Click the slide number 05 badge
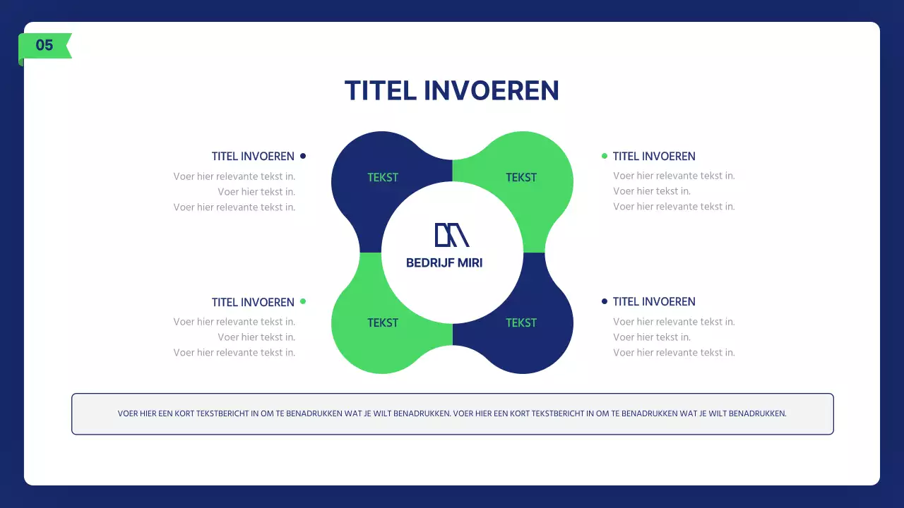[x=44, y=46]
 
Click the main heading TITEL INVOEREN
[x=452, y=91]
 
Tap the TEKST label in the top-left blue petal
[x=383, y=178]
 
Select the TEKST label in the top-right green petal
[x=521, y=178]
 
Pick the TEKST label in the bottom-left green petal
[x=383, y=323]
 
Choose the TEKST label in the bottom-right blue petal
[x=521, y=323]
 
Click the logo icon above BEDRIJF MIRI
[x=452, y=235]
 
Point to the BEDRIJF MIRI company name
[x=444, y=263]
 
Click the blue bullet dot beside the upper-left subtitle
[x=303, y=156]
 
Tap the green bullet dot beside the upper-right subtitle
[x=605, y=156]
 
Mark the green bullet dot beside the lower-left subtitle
[x=303, y=301]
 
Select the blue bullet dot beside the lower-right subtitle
[x=605, y=301]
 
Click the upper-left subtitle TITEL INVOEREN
[x=253, y=157]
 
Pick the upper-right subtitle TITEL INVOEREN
[x=654, y=157]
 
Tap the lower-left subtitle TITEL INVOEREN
[x=253, y=302]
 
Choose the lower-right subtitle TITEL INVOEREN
[x=654, y=302]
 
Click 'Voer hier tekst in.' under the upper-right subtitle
[x=652, y=191]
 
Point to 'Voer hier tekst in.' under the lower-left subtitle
[x=256, y=337]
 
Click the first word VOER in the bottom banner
[x=128, y=414]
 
